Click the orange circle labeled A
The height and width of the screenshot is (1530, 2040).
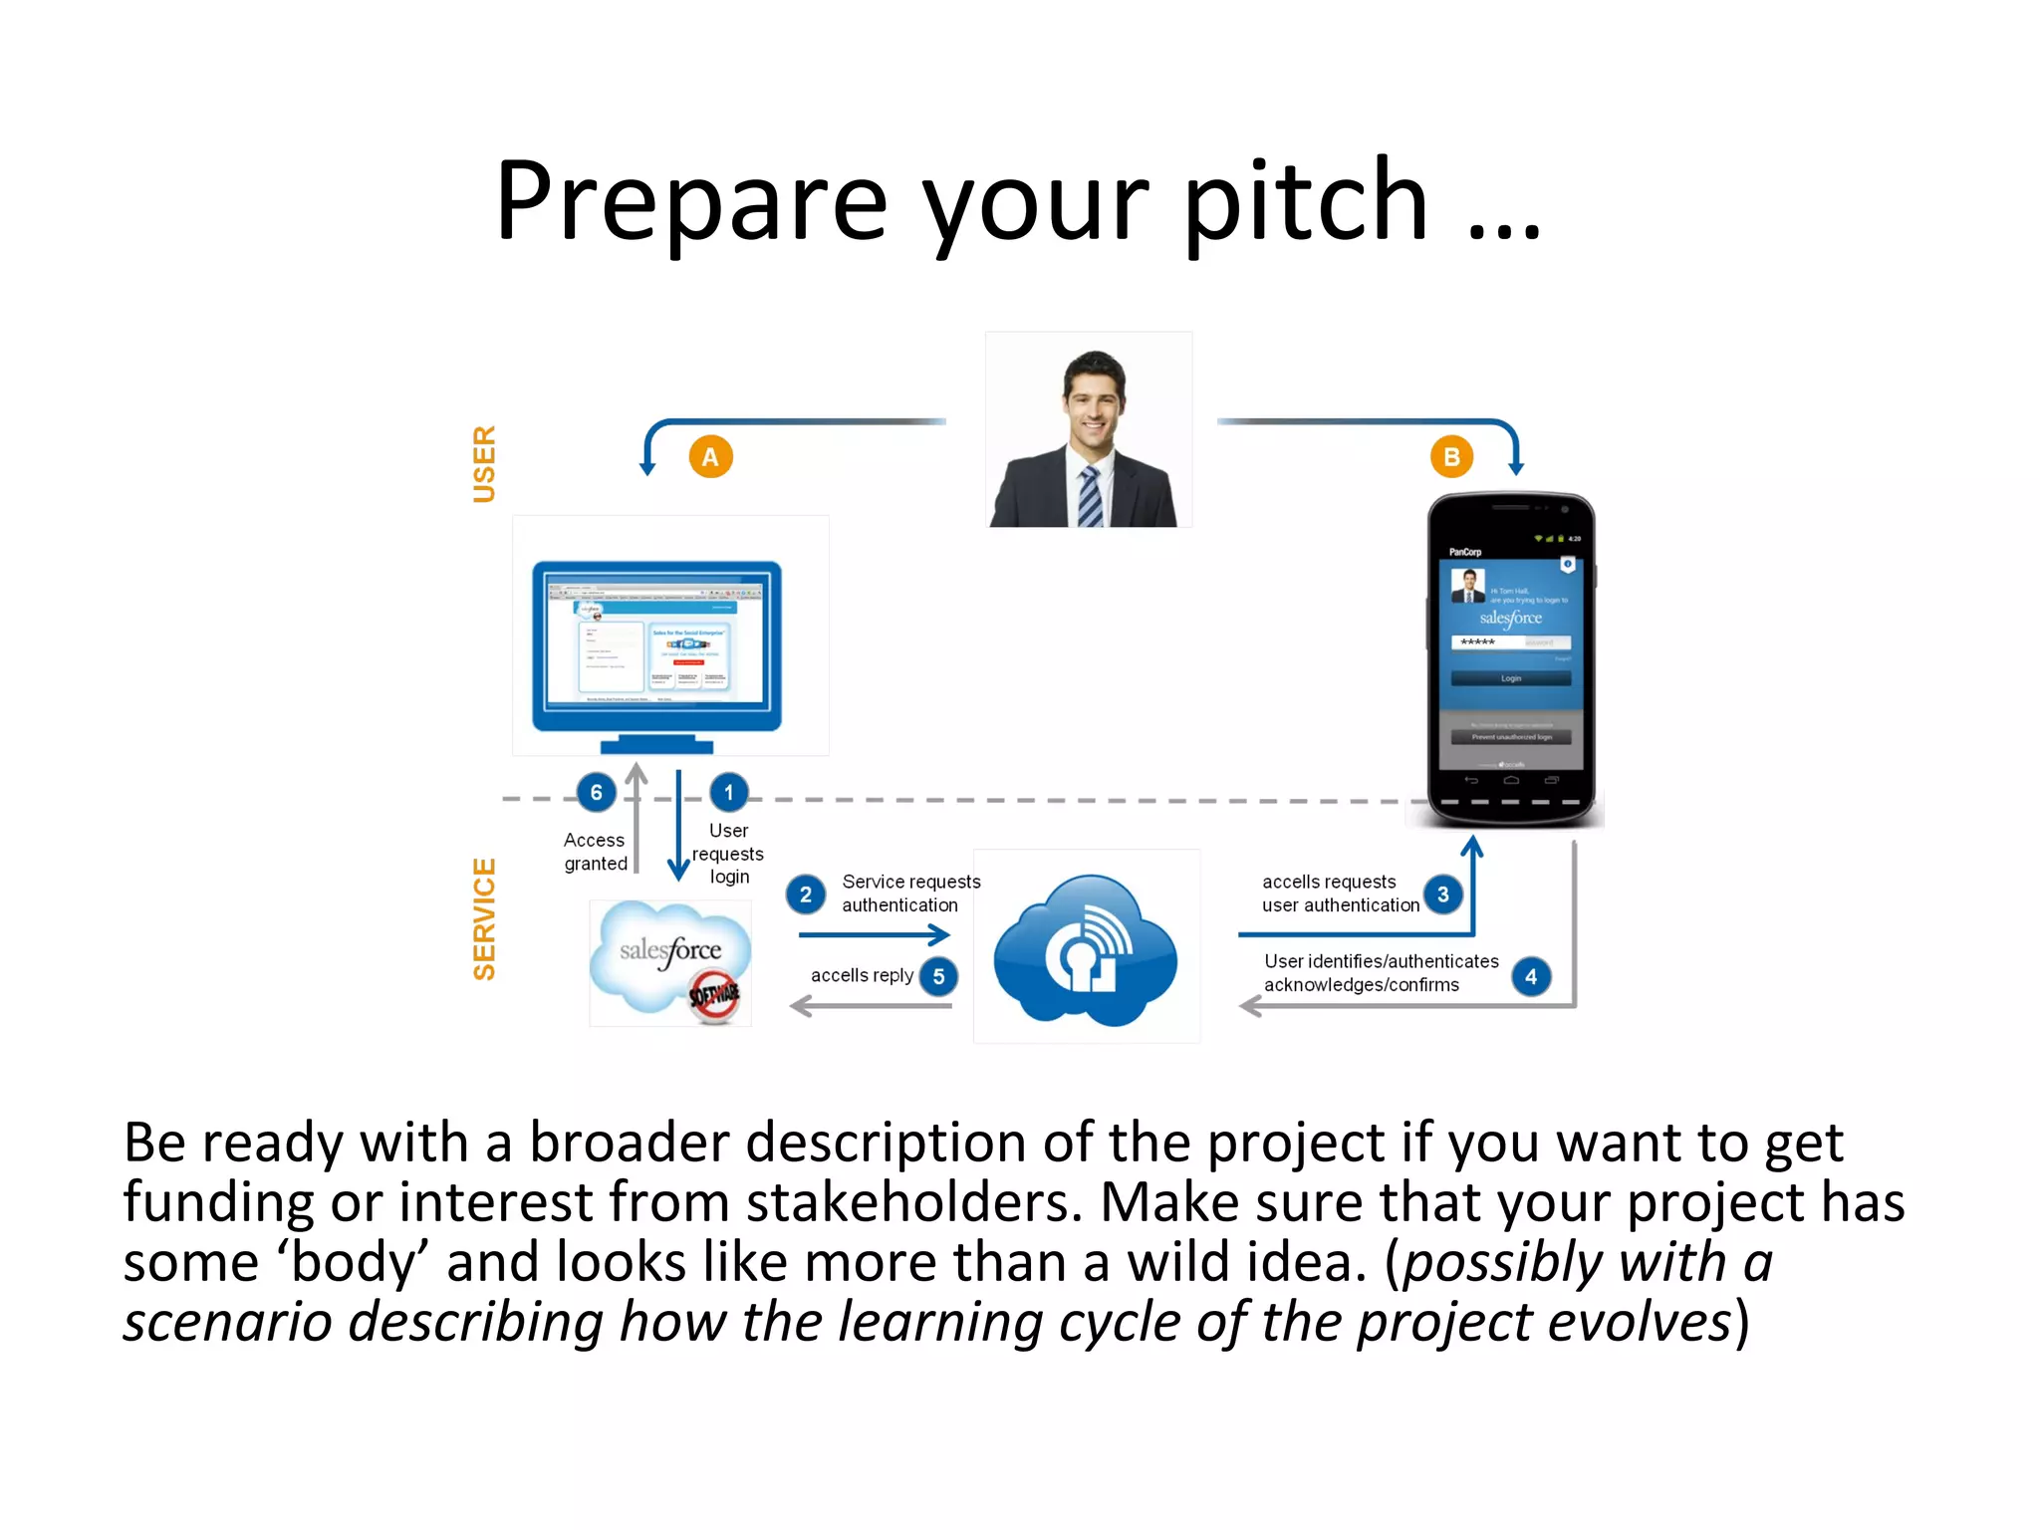[x=710, y=457]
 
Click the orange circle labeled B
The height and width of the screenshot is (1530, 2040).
[x=1451, y=457]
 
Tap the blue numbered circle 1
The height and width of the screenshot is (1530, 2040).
[x=728, y=793]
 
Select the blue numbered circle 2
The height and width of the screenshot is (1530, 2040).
[x=805, y=894]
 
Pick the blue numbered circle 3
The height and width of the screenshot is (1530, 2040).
[x=1442, y=894]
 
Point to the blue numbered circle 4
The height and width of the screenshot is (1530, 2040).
[x=1530, y=977]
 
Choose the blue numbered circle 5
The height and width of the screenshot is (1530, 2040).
[x=938, y=977]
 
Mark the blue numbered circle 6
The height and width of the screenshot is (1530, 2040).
[x=596, y=793]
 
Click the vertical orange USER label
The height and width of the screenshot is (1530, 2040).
[x=484, y=464]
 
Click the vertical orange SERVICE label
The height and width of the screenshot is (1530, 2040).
[x=484, y=919]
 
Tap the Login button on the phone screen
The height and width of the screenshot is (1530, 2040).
[x=1510, y=678]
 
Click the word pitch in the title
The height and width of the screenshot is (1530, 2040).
[x=1306, y=203]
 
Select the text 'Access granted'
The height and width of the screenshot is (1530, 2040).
[x=595, y=853]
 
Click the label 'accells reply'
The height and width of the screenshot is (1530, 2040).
[x=862, y=976]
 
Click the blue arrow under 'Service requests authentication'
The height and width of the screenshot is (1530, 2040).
[x=874, y=935]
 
